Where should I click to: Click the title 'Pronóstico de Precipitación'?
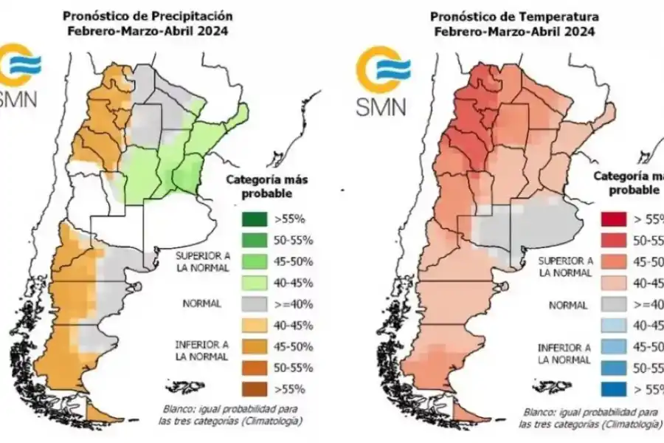pos(148,15)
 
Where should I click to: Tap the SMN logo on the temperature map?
pos(381,81)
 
